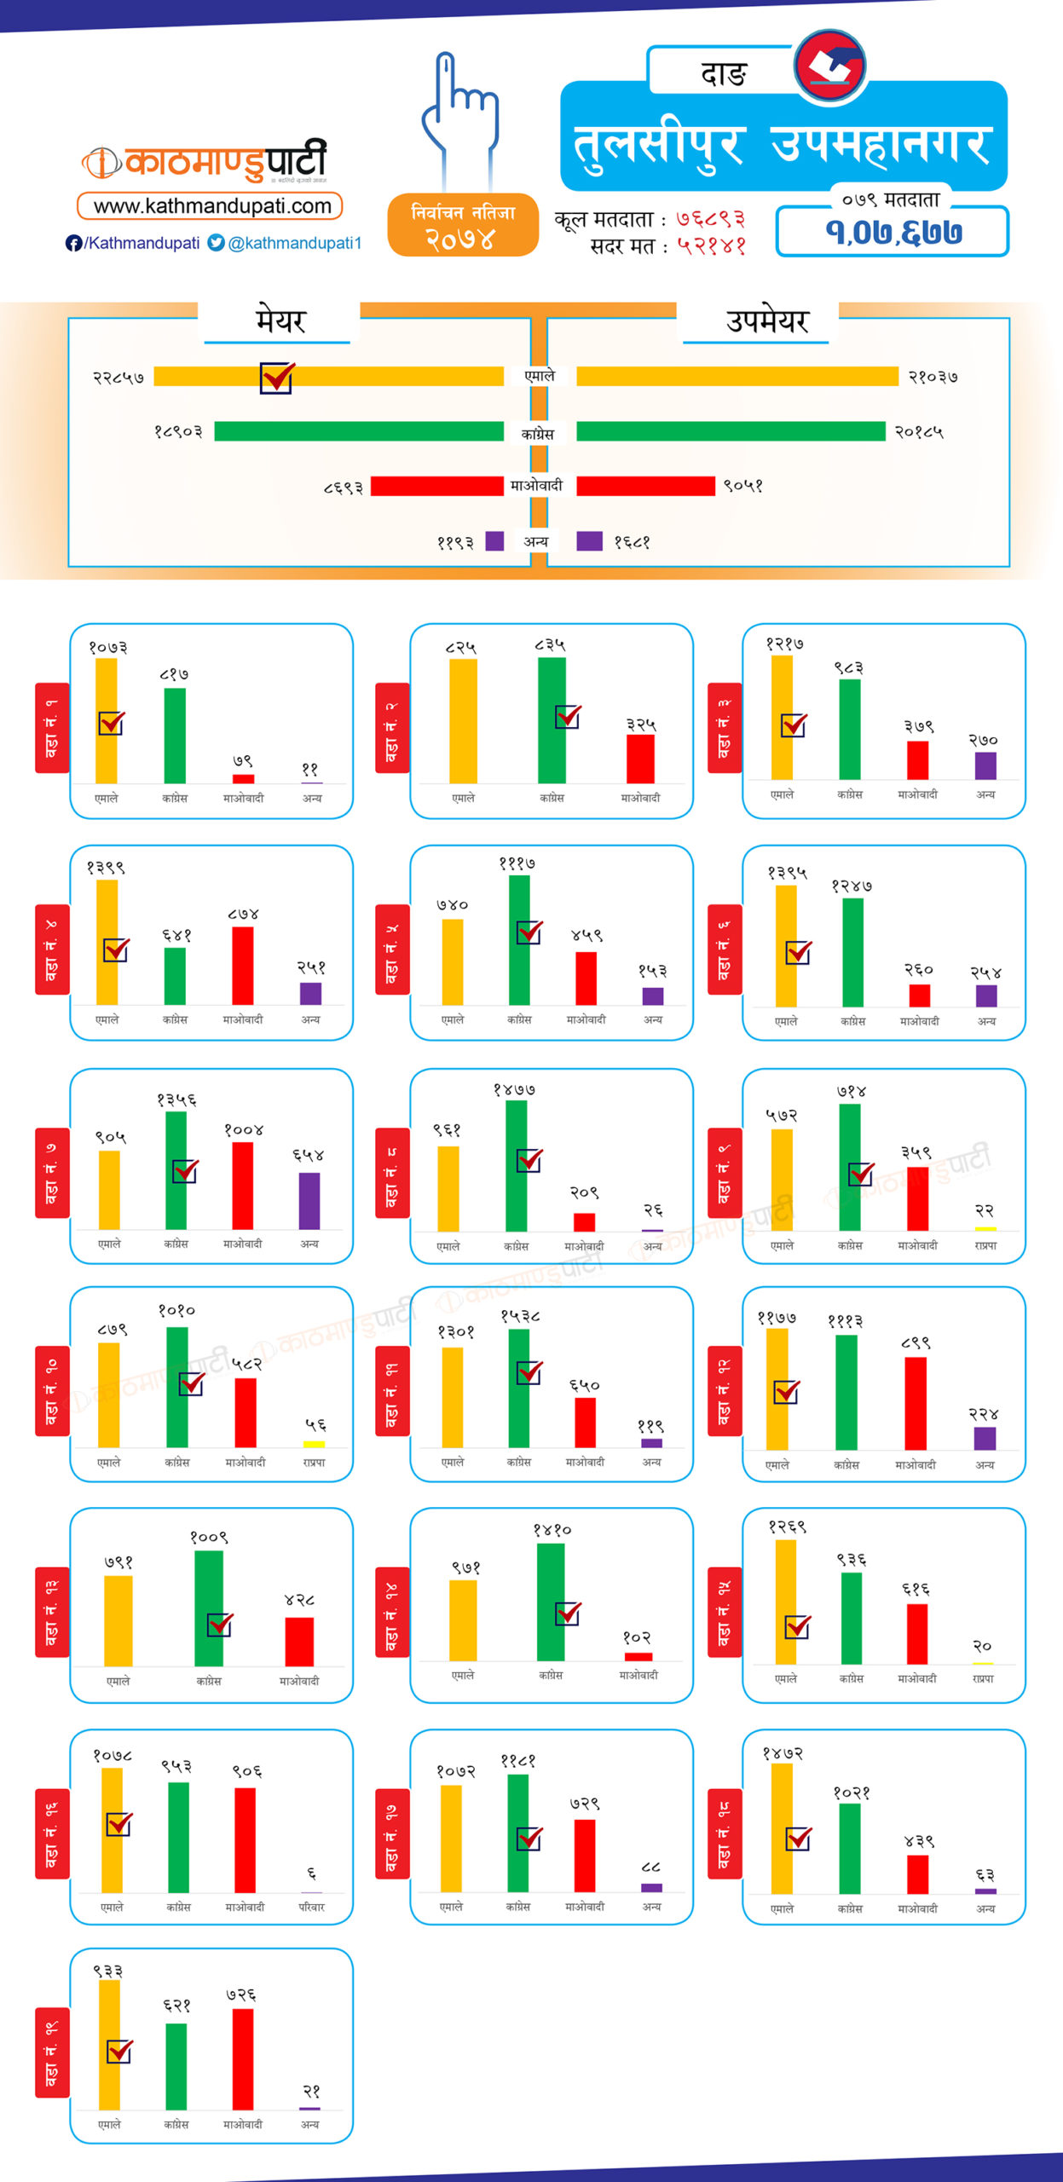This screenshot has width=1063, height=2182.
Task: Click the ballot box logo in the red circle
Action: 829,66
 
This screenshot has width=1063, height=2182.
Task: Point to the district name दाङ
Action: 723,74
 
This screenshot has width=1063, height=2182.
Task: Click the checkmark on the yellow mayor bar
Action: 277,377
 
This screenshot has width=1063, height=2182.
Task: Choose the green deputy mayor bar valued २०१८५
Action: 731,431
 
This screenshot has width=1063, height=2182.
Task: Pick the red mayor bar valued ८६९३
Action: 436,486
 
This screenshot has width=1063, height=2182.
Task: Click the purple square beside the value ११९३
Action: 494,541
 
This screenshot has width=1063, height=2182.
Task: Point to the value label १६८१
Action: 632,542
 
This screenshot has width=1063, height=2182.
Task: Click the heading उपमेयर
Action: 766,321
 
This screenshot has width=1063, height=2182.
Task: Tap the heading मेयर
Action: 280,321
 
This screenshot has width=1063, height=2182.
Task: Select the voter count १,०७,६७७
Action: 893,232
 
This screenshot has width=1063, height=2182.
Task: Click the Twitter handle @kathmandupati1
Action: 286,243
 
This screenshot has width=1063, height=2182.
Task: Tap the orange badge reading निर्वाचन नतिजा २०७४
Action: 463,225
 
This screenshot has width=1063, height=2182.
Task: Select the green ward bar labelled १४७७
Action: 516,1165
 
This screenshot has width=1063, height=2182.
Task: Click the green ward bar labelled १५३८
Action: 518,1388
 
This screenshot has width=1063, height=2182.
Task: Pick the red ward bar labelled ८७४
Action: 243,965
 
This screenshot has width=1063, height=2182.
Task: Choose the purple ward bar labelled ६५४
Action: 309,1200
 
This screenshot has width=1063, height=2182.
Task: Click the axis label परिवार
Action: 311,1907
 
